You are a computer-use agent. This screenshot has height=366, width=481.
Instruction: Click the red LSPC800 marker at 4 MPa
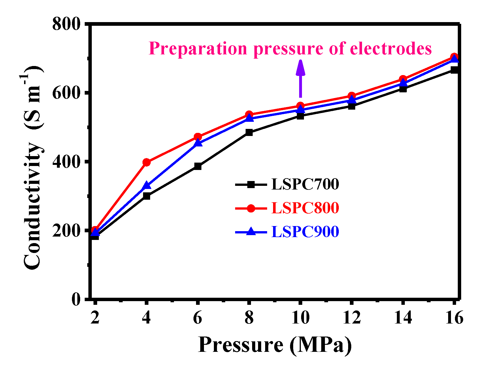(x=146, y=162)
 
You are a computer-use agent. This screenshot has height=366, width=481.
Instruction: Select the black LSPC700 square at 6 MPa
(x=198, y=166)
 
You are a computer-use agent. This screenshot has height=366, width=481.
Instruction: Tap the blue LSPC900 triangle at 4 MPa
(x=146, y=186)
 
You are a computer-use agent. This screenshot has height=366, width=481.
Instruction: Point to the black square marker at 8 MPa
(x=249, y=132)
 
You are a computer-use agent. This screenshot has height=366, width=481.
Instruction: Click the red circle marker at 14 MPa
(x=403, y=79)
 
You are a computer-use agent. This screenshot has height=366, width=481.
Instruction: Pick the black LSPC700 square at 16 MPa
(x=454, y=70)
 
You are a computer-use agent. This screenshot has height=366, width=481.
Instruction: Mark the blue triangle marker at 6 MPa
(x=198, y=143)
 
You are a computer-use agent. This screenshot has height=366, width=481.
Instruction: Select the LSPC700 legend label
(x=305, y=184)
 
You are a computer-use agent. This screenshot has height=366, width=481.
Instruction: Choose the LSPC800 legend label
(x=305, y=208)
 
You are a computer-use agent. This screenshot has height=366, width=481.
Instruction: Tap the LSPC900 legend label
(x=305, y=232)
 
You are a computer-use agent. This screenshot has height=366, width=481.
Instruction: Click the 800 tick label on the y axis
(x=67, y=24)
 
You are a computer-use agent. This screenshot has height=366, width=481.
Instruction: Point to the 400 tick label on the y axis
(x=67, y=162)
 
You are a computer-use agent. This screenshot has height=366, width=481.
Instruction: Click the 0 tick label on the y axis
(x=76, y=299)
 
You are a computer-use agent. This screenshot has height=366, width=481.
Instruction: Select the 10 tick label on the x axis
(x=300, y=317)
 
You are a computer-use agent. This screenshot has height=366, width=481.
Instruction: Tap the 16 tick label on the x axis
(x=454, y=317)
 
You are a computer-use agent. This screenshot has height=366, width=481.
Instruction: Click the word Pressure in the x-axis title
(x=240, y=345)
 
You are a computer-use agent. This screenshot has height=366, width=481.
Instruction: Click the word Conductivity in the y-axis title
(x=33, y=205)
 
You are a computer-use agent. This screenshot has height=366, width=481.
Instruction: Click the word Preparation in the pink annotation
(x=198, y=49)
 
